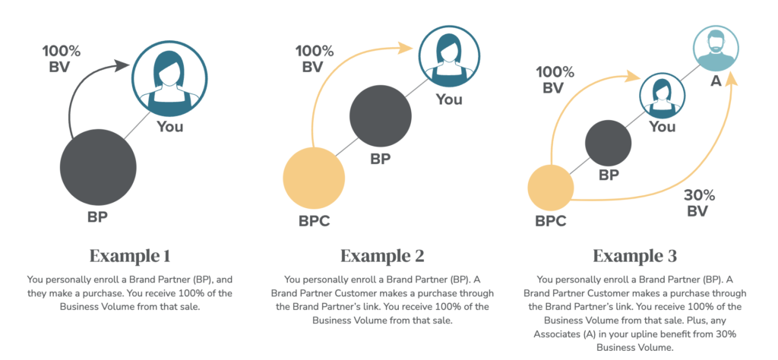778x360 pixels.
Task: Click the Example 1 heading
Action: click(x=130, y=256)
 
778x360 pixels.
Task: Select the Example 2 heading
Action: click(x=383, y=256)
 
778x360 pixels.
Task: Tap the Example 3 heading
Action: click(x=635, y=256)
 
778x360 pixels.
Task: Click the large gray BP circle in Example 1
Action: click(x=98, y=168)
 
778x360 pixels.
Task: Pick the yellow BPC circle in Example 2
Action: click(x=314, y=178)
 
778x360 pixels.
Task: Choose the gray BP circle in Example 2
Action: click(x=381, y=116)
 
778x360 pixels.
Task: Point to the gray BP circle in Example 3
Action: click(x=609, y=144)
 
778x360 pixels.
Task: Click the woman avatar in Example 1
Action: click(x=169, y=78)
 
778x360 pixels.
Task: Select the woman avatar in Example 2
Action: click(x=450, y=55)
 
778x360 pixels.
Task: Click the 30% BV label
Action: click(x=699, y=203)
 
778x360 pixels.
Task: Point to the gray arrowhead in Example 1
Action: click(x=122, y=65)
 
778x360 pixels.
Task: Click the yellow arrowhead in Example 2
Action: click(x=405, y=48)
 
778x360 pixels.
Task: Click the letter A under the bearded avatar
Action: click(x=716, y=81)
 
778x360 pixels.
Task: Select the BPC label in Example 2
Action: click(x=314, y=220)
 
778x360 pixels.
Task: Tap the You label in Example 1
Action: click(x=170, y=126)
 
